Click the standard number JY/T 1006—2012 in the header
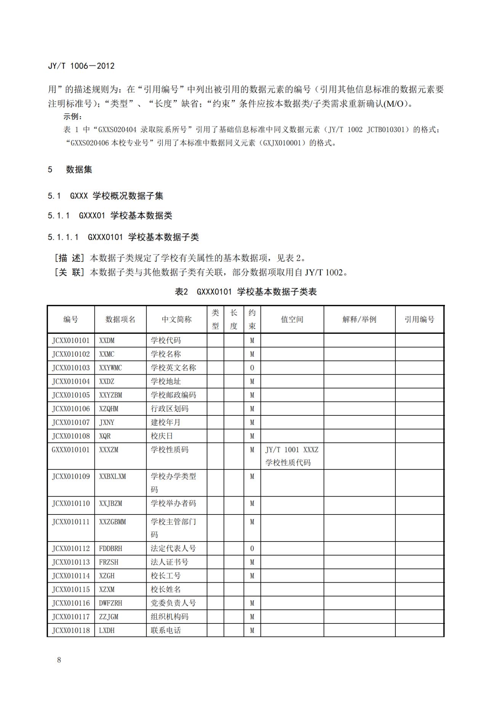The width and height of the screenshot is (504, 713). click(x=81, y=66)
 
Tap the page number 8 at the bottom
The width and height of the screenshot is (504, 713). click(x=59, y=660)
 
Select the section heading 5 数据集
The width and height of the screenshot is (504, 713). click(x=70, y=170)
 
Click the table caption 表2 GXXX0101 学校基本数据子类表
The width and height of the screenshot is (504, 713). click(x=246, y=292)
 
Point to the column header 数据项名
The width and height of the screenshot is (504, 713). click(x=120, y=319)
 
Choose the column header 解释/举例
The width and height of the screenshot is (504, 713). click(x=359, y=319)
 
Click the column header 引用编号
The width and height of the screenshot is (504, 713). click(x=419, y=319)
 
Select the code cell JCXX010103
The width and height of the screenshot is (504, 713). click(x=71, y=368)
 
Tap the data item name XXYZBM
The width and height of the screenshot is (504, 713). click(x=110, y=395)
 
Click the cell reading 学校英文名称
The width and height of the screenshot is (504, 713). click(x=173, y=368)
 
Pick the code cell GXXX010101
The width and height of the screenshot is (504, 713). click(x=71, y=450)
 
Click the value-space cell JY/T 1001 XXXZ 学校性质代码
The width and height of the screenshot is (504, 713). click(x=291, y=456)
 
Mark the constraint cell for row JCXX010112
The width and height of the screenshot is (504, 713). click(x=252, y=548)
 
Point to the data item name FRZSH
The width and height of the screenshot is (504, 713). click(x=109, y=562)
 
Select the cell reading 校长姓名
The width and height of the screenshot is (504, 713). click(x=166, y=590)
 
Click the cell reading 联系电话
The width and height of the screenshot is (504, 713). click(x=166, y=630)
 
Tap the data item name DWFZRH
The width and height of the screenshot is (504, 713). click(x=110, y=603)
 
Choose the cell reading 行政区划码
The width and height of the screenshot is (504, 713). click(x=170, y=409)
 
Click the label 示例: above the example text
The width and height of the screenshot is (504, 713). click(x=73, y=117)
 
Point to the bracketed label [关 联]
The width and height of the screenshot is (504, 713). click(x=69, y=272)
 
